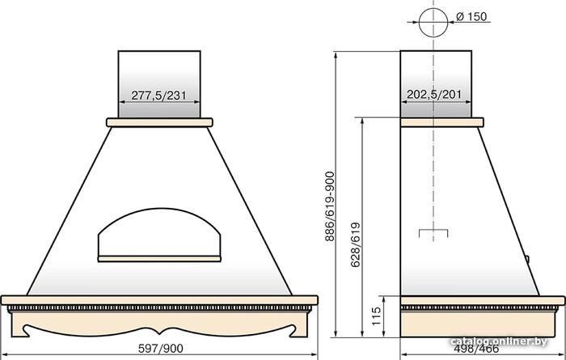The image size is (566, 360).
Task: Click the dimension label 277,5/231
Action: click(158, 95)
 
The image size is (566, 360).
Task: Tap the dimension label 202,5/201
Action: click(434, 95)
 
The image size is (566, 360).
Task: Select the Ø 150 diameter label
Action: click(471, 17)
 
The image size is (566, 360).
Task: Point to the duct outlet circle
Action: click(433, 8)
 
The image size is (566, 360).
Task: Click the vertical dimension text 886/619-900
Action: click(330, 206)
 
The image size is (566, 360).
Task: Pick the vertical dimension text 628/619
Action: click(356, 244)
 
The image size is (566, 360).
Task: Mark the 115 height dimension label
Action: click(376, 316)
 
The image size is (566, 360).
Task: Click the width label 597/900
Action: click(161, 349)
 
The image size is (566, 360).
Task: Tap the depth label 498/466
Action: click(476, 349)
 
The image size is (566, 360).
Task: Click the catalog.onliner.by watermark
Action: click(499, 341)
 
